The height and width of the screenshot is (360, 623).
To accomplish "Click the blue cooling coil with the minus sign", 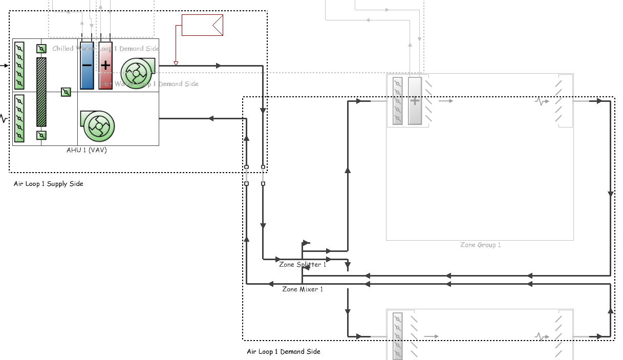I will coord(87,66).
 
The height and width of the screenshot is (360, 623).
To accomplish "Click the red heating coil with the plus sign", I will coord(105,66).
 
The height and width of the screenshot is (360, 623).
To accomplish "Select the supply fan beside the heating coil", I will coord(137,73).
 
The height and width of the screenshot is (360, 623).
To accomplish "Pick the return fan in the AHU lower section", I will coord(97,125).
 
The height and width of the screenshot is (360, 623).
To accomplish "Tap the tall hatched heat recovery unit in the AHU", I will coord(41,92).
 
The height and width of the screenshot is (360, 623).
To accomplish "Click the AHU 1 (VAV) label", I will coord(87,151).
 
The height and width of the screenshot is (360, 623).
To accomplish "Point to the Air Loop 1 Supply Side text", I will coord(48,184).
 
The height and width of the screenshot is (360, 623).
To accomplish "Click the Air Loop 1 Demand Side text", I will coord(284,352).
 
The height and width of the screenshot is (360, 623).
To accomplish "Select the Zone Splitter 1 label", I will coord(302,265).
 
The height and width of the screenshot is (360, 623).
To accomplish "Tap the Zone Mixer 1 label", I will coord(303,289).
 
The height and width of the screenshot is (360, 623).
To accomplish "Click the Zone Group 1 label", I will coord(480,245).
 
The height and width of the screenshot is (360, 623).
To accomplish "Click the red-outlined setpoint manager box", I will coord(203,25).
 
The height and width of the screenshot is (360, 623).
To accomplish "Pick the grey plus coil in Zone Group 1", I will coord(415,101).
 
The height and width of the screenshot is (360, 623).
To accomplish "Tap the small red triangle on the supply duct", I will coord(176,63).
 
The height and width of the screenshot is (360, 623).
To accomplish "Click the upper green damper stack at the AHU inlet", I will coord(19,66).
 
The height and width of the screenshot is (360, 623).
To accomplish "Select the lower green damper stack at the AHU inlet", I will coord(19,118).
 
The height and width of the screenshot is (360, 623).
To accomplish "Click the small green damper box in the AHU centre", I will coord(66,92).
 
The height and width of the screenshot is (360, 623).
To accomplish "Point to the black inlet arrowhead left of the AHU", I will coord(6,66).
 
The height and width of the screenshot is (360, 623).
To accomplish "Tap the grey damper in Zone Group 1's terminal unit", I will coord(398,101).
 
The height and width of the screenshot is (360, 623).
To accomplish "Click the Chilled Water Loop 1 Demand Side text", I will coord(105,49).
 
